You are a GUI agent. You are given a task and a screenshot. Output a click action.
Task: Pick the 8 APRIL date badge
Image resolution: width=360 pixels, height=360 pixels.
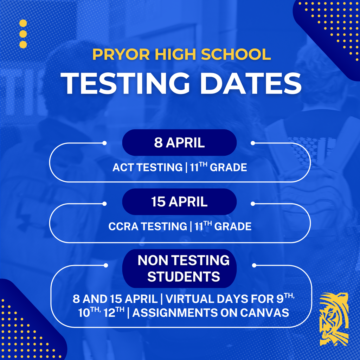coord(179,143)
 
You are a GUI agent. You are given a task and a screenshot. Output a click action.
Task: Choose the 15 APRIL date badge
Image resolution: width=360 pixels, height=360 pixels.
coord(179,202)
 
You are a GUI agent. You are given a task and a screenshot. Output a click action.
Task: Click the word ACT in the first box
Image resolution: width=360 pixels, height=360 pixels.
coord(123,168)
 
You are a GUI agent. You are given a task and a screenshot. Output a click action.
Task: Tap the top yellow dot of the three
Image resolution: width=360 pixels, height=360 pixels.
coord(23,24)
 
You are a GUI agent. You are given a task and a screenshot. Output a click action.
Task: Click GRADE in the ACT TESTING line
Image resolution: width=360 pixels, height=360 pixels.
coord(229,168)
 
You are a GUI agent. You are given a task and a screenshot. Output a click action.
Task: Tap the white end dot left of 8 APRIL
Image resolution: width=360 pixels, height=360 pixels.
coord(104,143)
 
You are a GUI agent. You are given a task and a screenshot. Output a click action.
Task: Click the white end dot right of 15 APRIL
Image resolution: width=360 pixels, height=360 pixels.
coord(252,204)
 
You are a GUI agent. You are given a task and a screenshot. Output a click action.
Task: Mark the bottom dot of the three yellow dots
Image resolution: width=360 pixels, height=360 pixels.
coord(23,45)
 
